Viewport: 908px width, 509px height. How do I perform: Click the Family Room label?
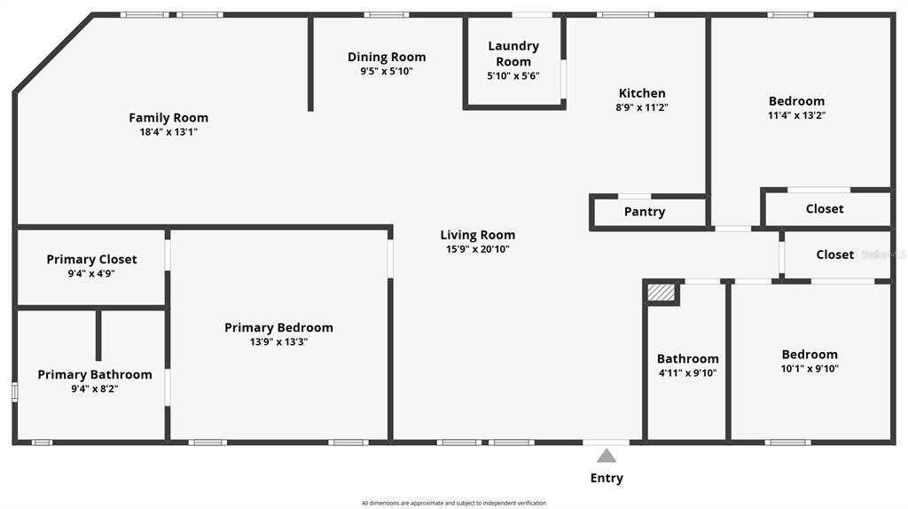(x=168, y=118)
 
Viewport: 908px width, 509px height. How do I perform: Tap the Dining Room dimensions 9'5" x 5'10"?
(x=387, y=71)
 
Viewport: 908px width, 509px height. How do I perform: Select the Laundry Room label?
(x=513, y=53)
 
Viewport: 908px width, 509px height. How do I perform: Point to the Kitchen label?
(x=642, y=93)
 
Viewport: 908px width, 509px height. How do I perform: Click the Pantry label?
(x=645, y=212)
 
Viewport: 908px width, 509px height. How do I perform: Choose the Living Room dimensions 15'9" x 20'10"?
(x=478, y=249)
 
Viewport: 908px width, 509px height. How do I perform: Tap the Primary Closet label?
(x=92, y=260)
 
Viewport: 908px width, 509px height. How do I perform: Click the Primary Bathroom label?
(x=95, y=375)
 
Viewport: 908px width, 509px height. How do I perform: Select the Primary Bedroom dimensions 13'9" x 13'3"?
(x=278, y=342)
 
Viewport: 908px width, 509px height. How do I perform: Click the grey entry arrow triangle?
(x=607, y=456)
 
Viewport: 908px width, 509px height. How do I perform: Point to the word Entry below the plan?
(x=607, y=478)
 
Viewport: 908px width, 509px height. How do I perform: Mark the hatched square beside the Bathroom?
(x=661, y=292)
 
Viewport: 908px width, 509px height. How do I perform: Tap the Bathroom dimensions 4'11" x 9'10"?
(x=687, y=372)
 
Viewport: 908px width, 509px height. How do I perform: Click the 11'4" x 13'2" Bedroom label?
(x=796, y=101)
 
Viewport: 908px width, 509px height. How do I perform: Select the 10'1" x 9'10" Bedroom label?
(x=810, y=355)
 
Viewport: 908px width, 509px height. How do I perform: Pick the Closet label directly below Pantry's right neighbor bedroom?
(x=825, y=209)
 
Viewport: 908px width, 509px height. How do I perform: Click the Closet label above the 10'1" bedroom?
(x=835, y=254)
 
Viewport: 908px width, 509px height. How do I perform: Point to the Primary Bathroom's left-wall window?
(x=14, y=392)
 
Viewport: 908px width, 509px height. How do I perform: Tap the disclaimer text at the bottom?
(x=454, y=503)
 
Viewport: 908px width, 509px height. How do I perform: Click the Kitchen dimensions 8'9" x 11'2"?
(x=642, y=107)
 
